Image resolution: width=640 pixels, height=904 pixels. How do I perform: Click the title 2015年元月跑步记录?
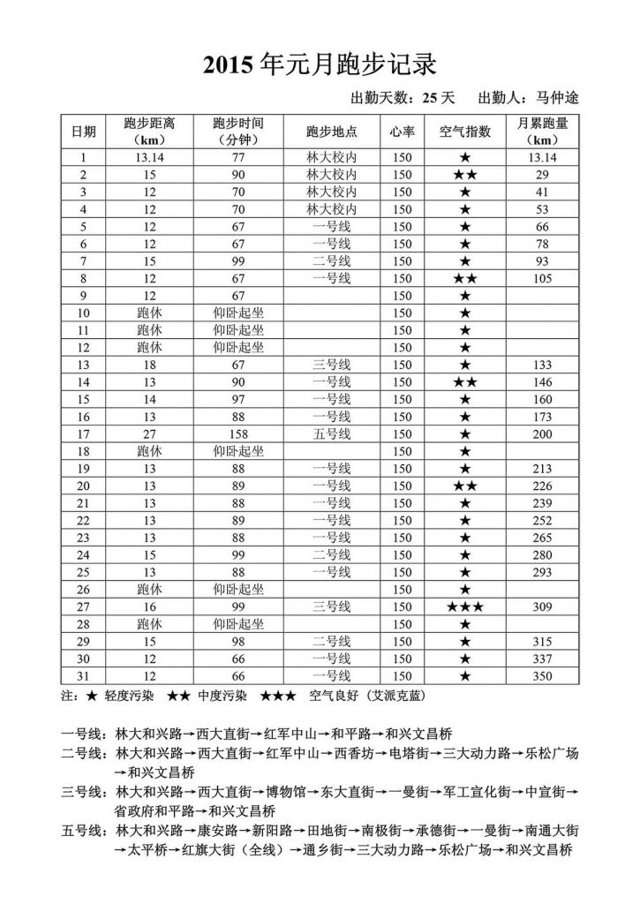pos(320,64)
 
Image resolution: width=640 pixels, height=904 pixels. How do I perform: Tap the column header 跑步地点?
pos(331,132)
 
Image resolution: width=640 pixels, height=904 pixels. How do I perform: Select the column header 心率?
pos(402,132)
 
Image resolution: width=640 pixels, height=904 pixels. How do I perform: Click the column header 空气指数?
pos(465,132)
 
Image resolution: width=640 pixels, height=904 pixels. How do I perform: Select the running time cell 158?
pos(237,434)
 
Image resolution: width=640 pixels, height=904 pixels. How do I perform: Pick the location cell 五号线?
pos(331,434)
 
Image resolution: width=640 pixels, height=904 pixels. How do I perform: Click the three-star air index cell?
pos(465,607)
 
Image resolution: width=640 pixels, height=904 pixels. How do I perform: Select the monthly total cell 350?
pos(543,676)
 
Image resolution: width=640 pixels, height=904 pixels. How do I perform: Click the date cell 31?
pos(84,676)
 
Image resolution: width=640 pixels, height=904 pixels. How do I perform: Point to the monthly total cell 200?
pos(543,434)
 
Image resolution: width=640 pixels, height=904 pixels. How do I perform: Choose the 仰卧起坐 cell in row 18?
pos(237,451)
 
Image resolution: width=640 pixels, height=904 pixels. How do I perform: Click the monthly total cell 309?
pos(543,607)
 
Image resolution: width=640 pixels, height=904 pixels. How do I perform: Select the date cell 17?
pos(84,434)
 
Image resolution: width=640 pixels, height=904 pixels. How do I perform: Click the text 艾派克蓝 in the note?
pos(396,696)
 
